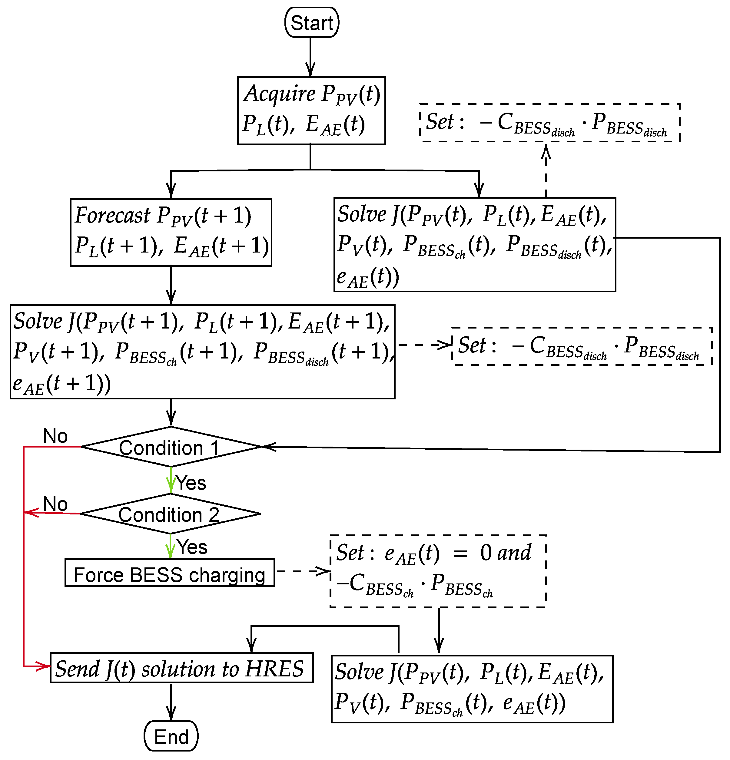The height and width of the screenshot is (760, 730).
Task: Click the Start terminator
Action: point(311,22)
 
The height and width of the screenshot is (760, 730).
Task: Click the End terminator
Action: point(171,736)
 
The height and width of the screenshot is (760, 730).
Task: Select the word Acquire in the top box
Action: point(280,94)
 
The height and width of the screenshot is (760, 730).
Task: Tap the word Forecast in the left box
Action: point(112,215)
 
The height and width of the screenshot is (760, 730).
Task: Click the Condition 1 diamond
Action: point(171,447)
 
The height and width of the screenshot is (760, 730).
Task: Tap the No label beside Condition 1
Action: point(55,436)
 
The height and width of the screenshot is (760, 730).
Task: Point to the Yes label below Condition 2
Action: point(192,547)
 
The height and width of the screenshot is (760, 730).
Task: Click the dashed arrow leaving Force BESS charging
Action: point(303,571)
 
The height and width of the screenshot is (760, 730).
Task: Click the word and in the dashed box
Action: point(514,553)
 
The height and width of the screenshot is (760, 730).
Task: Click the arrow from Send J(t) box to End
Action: point(171,702)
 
